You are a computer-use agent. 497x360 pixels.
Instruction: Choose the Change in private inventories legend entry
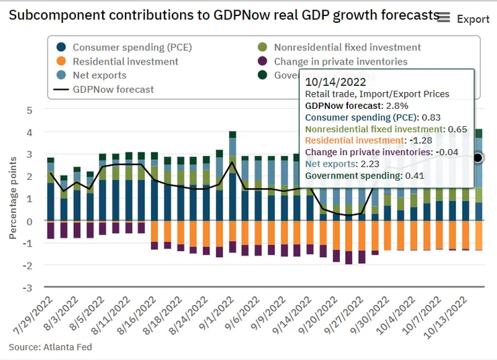pyautogui.click(x=341, y=61)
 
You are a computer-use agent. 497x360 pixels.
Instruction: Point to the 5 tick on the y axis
pyautogui.click(x=29, y=109)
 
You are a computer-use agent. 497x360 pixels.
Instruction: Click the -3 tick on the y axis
pyautogui.click(x=28, y=287)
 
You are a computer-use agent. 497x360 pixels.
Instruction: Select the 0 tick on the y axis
pyautogui.click(x=29, y=221)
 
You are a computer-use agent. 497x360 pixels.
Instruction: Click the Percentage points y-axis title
pyautogui.click(x=13, y=199)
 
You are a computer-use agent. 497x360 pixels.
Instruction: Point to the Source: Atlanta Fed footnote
pyautogui.click(x=50, y=347)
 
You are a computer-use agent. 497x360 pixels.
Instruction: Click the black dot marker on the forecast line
pyautogui.click(x=478, y=158)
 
